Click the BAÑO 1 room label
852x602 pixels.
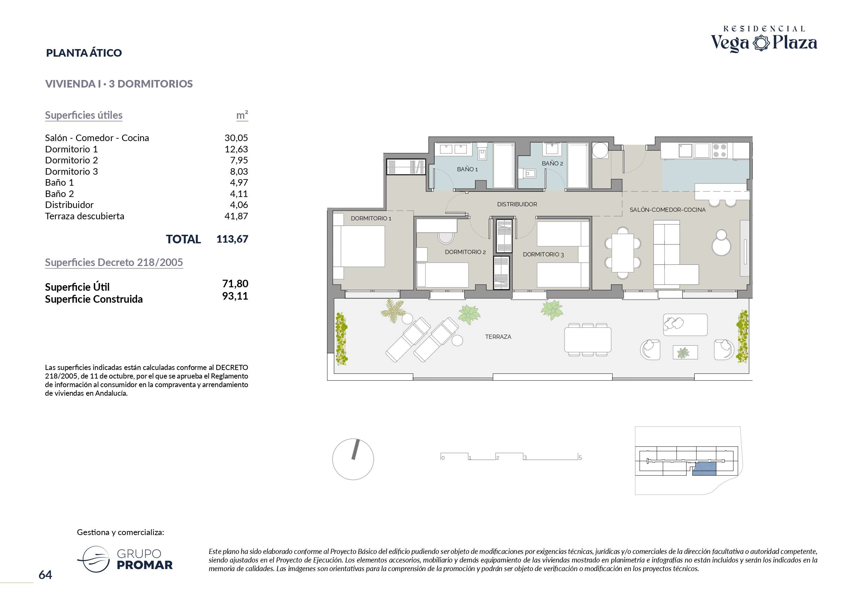(x=467, y=169)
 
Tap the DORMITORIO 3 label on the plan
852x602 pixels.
(x=543, y=254)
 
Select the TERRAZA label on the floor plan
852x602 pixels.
(x=498, y=337)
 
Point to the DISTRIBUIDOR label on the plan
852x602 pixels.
(x=517, y=204)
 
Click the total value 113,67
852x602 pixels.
(x=232, y=239)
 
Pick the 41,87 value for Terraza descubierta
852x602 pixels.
(x=236, y=216)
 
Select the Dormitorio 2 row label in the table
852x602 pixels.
(x=71, y=160)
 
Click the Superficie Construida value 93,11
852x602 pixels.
(x=235, y=296)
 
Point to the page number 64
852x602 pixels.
(x=45, y=575)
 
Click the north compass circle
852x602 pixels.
(x=353, y=459)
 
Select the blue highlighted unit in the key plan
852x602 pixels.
(x=704, y=469)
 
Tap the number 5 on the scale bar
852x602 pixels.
(x=580, y=458)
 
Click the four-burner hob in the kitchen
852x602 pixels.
(x=719, y=151)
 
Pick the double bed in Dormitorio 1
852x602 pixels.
(x=359, y=246)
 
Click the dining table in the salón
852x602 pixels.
(x=623, y=253)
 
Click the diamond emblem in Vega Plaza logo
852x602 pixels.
(x=761, y=43)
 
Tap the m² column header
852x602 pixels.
(x=242, y=115)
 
